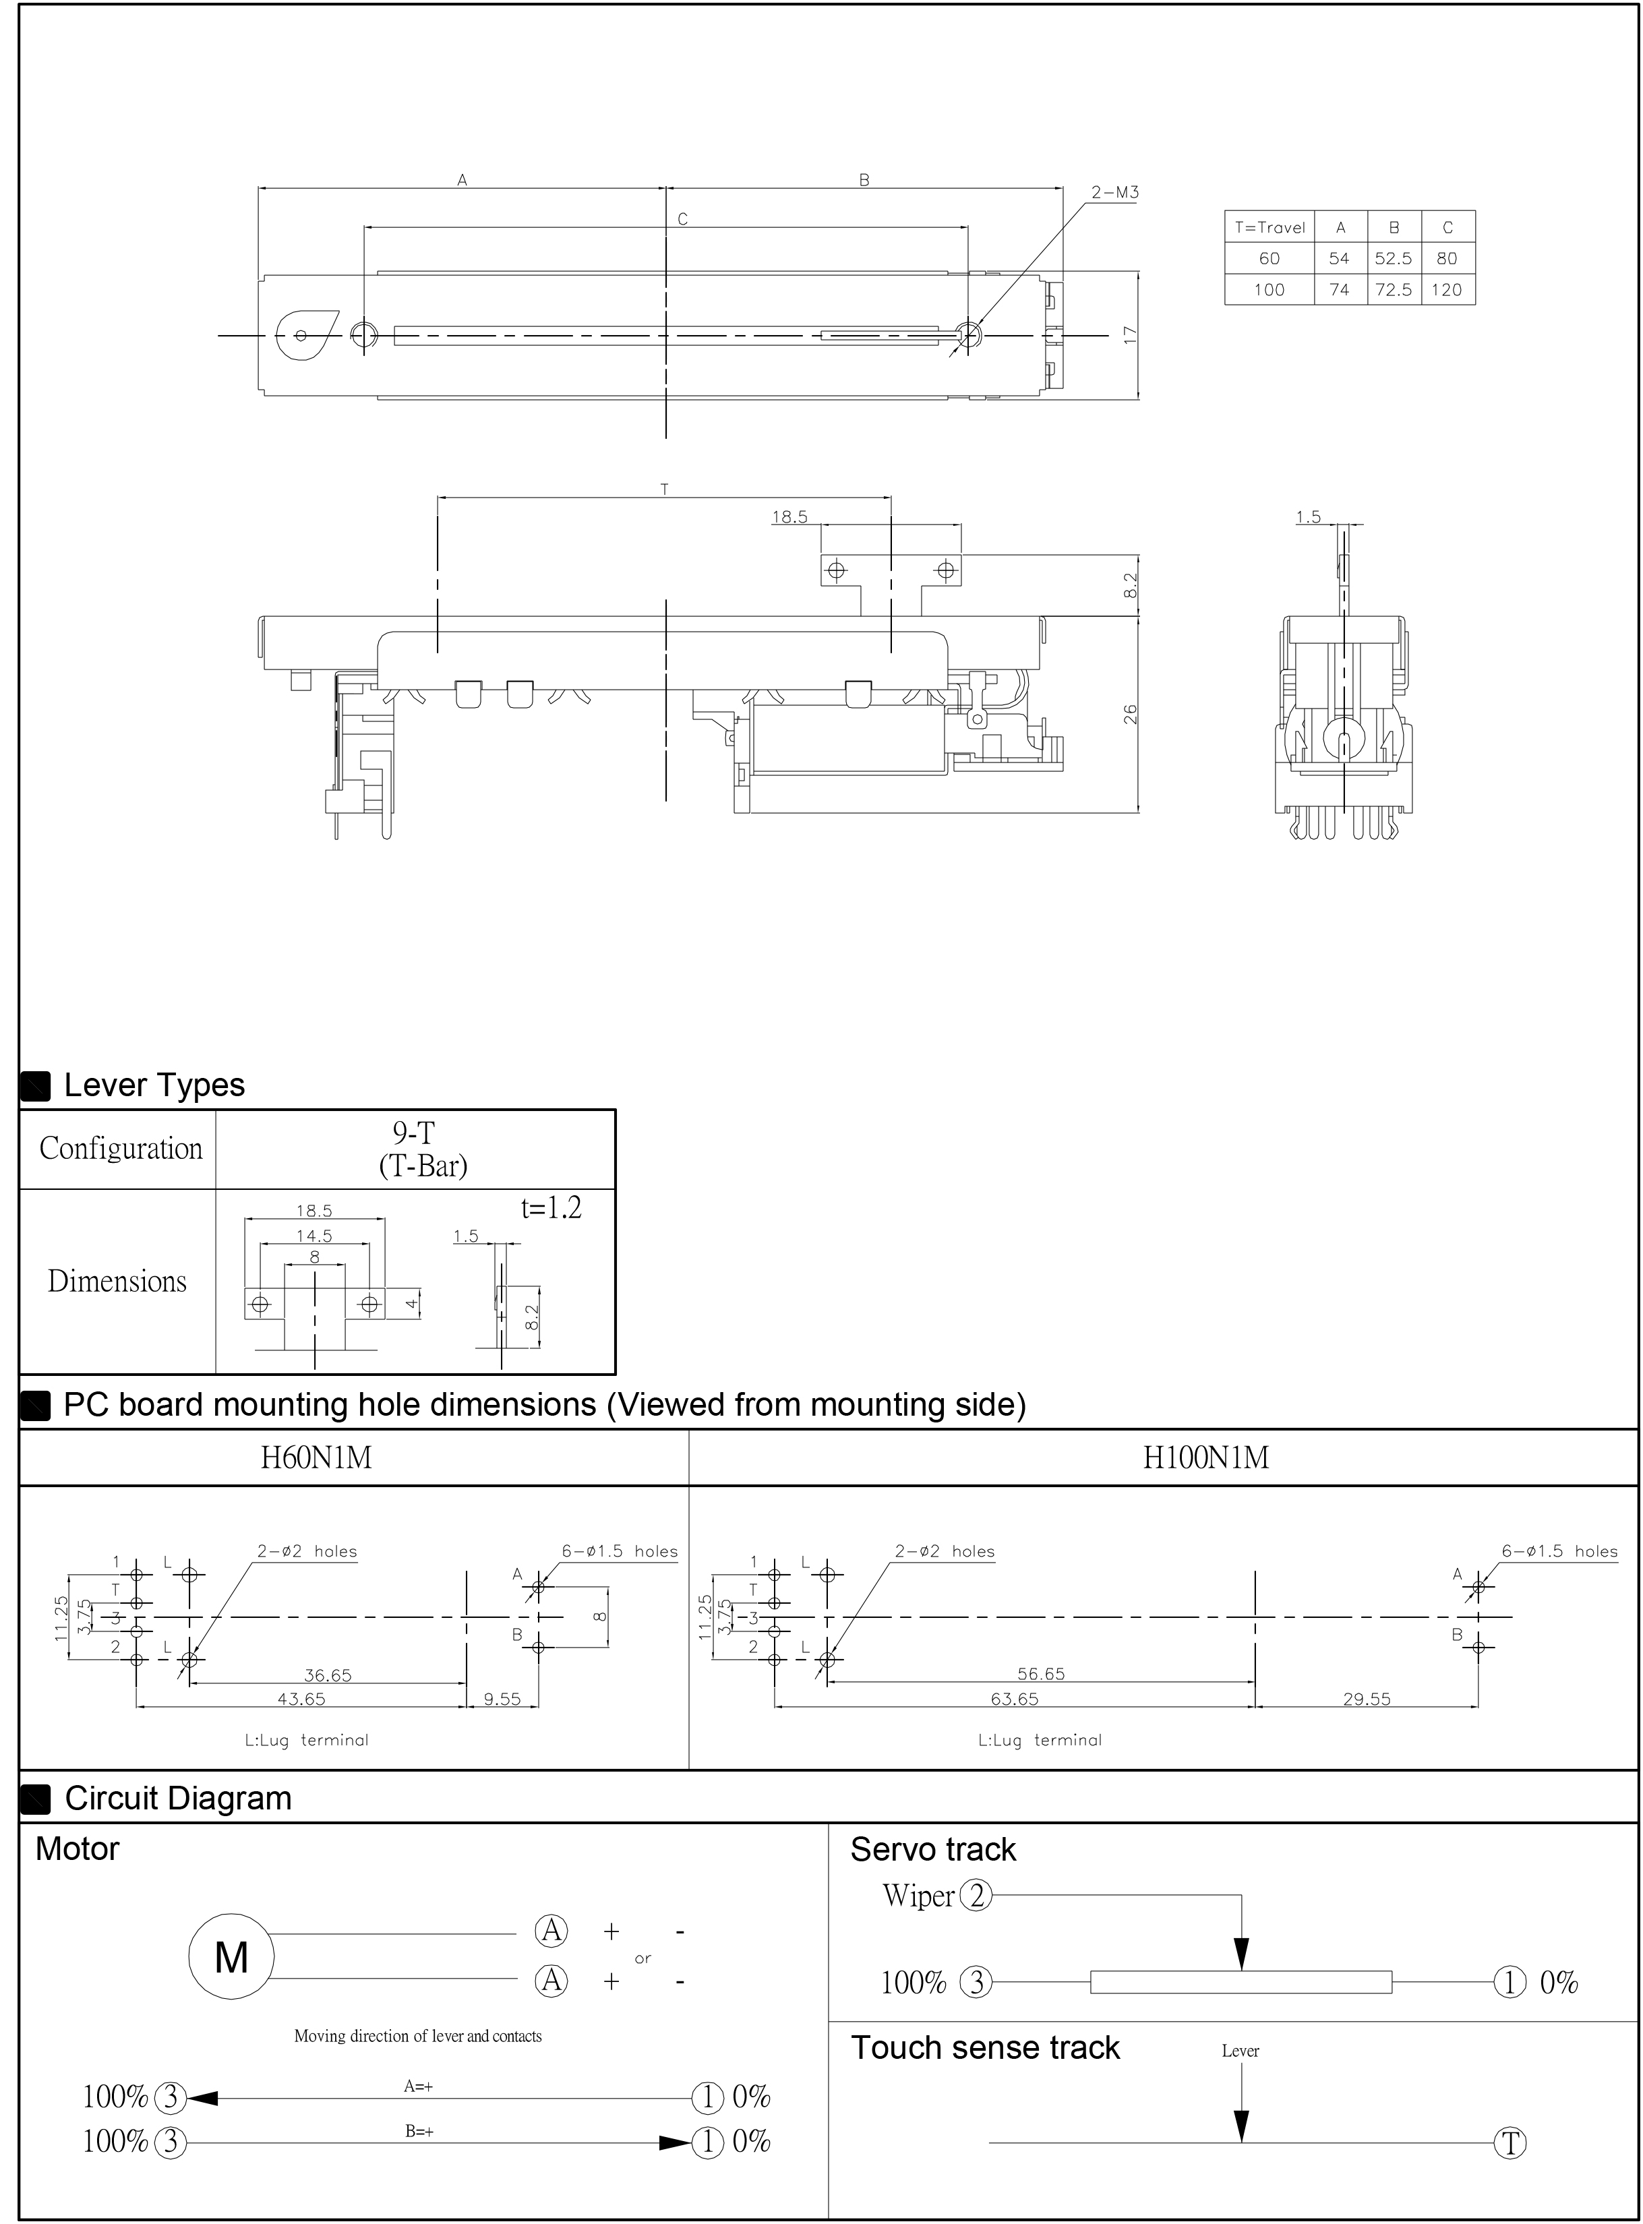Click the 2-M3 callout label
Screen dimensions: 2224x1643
point(1114,193)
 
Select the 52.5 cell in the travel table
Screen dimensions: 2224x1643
point(1394,258)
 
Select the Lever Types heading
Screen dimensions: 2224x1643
point(154,1085)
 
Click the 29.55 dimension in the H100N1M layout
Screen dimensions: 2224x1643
point(1367,1699)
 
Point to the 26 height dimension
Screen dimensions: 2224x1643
point(1130,714)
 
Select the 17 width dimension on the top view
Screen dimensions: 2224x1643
point(1130,335)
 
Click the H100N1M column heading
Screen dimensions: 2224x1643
point(1205,1457)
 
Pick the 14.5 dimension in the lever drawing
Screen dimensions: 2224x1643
point(313,1236)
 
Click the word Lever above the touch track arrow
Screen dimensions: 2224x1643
point(1241,2050)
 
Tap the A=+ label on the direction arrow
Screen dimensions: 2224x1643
point(418,2086)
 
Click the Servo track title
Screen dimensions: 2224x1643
point(933,1849)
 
